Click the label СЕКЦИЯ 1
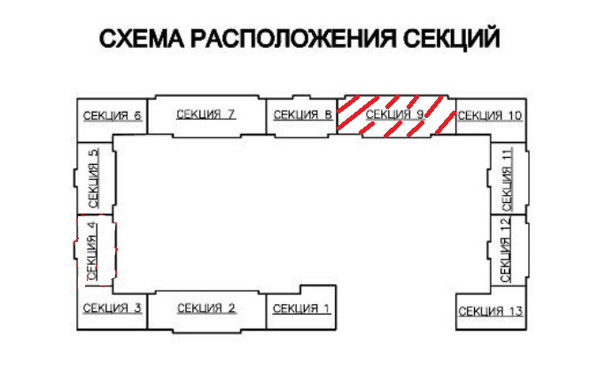pos(301,308)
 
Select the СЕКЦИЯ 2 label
pos(206,308)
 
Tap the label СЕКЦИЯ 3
pos(113,308)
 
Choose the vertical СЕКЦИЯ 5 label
pos(95,177)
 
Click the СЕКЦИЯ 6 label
pos(113,115)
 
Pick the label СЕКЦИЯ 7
pos(206,113)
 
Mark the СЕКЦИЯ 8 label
pos(303,114)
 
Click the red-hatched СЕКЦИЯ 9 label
pos(396,114)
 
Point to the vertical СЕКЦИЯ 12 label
pos(506,251)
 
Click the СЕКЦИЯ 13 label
pos(491,310)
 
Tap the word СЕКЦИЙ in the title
pos(452,41)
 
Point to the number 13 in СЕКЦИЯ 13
pos(517,310)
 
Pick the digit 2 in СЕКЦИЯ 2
pos(231,308)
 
